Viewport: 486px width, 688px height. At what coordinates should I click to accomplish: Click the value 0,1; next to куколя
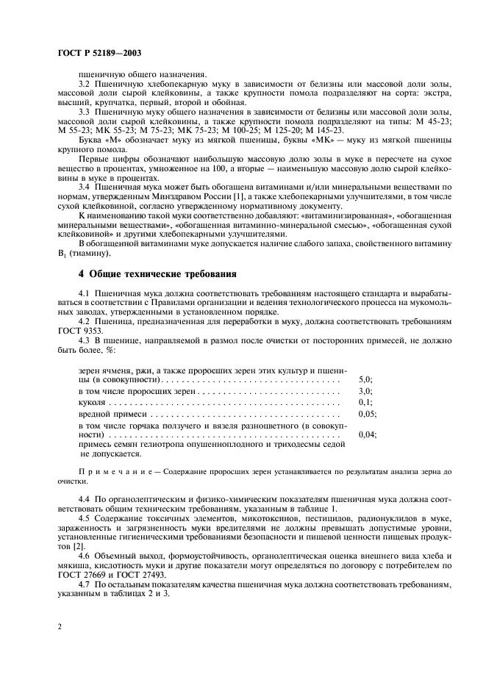pyautogui.click(x=365, y=403)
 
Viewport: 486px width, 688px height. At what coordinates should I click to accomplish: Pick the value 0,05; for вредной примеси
pyautogui.click(x=368, y=415)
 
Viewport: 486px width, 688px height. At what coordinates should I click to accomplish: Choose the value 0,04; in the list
pyautogui.click(x=368, y=435)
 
